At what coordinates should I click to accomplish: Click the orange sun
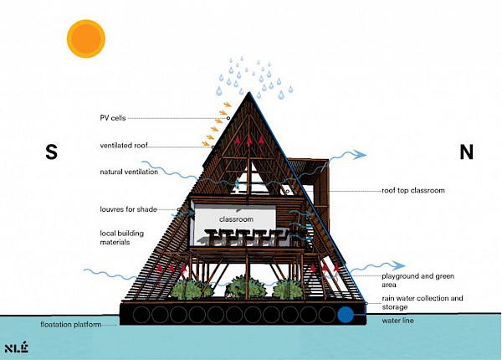tap(86, 39)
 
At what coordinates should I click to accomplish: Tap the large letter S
tap(52, 152)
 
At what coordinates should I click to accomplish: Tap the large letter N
tap(467, 152)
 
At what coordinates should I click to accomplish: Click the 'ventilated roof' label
tap(123, 146)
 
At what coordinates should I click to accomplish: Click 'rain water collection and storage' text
tap(422, 302)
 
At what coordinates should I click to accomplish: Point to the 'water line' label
tap(400, 321)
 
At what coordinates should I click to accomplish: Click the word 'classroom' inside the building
tap(236, 219)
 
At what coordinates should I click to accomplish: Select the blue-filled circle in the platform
tap(347, 316)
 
